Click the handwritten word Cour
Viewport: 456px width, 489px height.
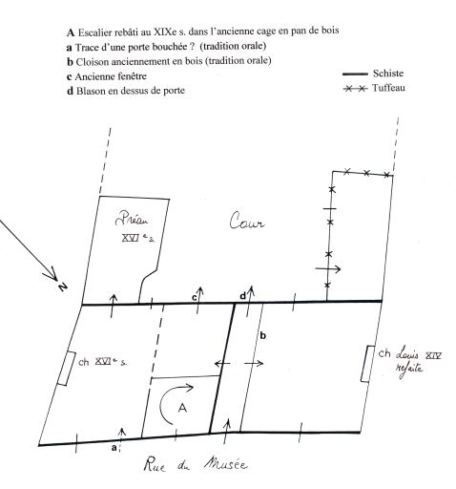click(246, 221)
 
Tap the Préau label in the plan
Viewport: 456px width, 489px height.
click(132, 219)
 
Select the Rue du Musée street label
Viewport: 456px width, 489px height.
click(196, 464)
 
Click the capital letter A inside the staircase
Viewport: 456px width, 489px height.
click(182, 408)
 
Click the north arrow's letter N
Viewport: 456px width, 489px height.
click(63, 287)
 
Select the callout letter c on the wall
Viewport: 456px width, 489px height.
click(194, 298)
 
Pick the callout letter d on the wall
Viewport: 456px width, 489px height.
click(242, 296)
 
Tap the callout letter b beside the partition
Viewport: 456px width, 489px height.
click(263, 335)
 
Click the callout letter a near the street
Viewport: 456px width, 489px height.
click(114, 448)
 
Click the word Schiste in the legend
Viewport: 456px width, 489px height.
click(388, 74)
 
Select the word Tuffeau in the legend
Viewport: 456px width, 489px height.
click(388, 88)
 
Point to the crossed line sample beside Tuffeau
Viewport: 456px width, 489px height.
click(356, 88)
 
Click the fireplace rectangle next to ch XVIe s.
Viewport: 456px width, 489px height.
click(67, 369)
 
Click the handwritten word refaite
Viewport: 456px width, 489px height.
click(409, 370)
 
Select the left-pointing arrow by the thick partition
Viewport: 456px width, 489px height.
click(222, 363)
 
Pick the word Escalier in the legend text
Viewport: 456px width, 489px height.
click(95, 32)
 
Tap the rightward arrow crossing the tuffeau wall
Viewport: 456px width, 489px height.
click(328, 269)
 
